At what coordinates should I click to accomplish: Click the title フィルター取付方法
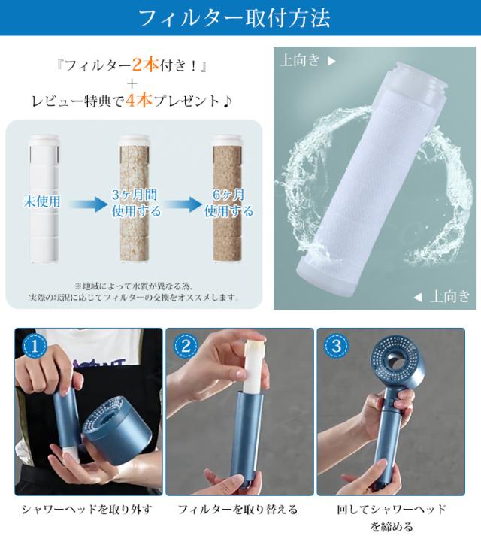[x=234, y=18]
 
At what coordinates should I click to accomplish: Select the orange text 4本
[x=139, y=101]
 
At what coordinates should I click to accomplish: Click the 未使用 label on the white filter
[x=42, y=201]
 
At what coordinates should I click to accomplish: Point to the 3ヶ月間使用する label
[x=136, y=203]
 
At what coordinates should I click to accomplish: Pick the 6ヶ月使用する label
[x=228, y=203]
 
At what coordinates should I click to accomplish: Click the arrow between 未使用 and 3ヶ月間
[x=89, y=204]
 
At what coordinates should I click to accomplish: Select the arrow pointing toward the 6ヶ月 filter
[x=183, y=204]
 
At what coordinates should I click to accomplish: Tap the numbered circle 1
[x=35, y=346]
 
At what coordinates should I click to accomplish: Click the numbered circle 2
[x=186, y=346]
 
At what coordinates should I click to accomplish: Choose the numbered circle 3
[x=336, y=346]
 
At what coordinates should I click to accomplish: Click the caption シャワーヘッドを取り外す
[x=86, y=509]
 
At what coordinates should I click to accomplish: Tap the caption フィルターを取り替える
[x=237, y=509]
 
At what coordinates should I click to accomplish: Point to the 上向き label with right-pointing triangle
[x=307, y=60]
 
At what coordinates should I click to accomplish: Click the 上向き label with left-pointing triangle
[x=442, y=297]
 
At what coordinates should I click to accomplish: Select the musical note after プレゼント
[x=227, y=101]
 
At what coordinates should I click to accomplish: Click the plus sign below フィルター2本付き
[x=132, y=83]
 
